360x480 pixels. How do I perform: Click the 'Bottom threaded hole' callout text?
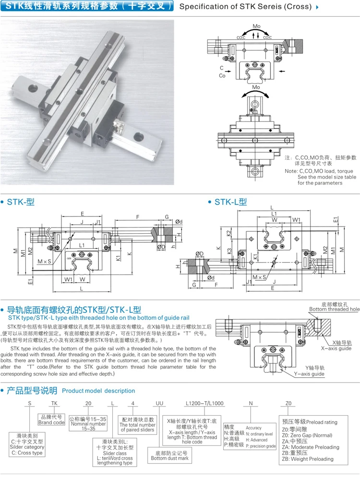334,310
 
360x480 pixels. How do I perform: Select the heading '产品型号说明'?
32,390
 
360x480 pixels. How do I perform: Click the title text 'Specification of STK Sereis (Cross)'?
245,7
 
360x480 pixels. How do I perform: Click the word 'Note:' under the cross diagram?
291,171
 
